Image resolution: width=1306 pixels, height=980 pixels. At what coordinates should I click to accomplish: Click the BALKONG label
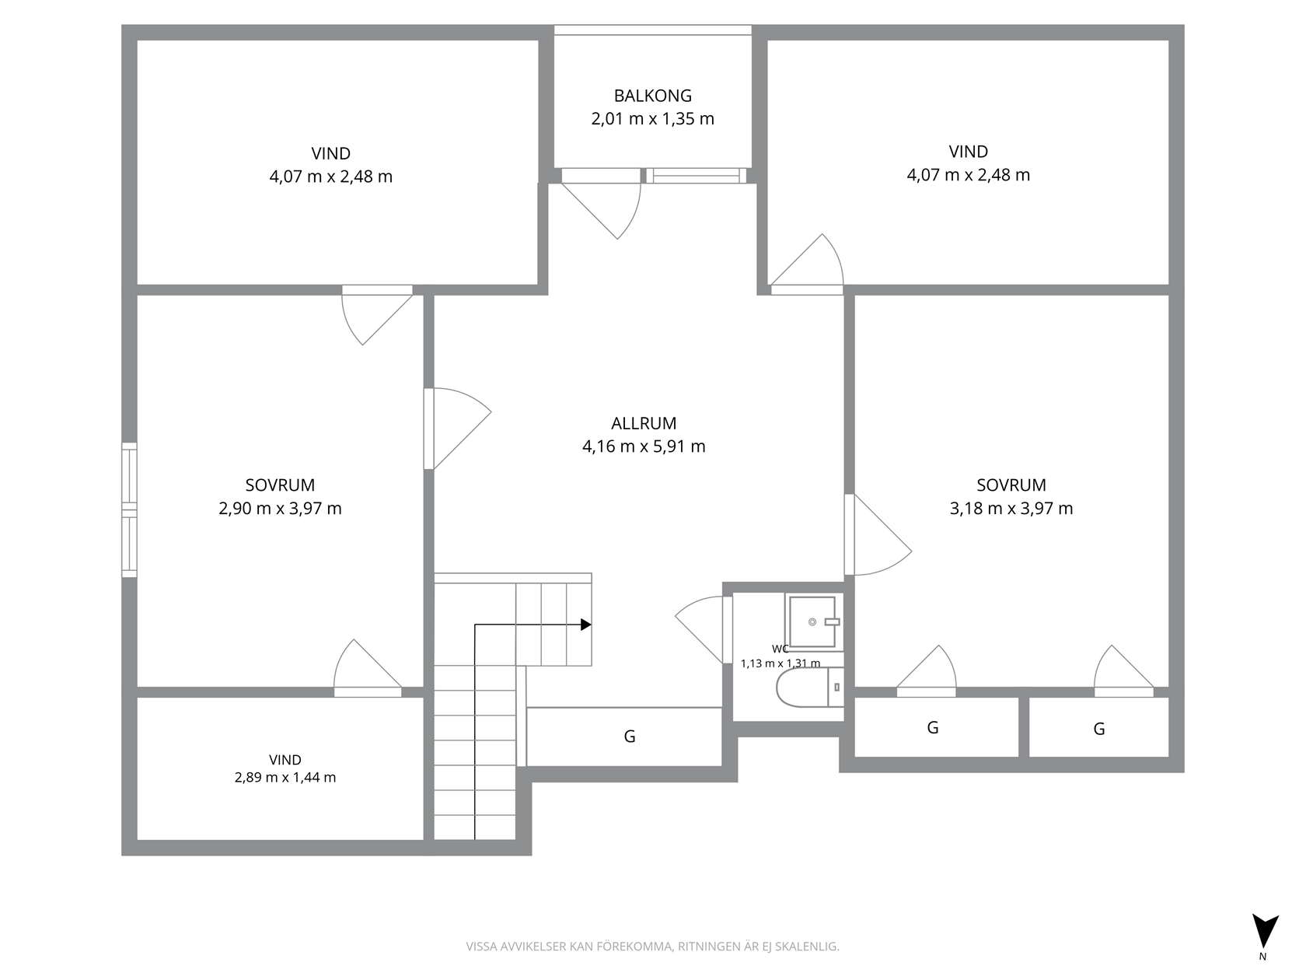click(653, 95)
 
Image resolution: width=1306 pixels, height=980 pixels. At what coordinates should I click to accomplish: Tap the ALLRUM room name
click(644, 423)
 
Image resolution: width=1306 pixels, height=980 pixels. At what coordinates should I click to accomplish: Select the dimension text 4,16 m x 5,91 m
click(644, 446)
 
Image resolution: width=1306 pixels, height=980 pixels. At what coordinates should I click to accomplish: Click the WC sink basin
click(813, 621)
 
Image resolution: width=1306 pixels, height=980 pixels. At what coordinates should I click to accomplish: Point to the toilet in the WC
click(810, 687)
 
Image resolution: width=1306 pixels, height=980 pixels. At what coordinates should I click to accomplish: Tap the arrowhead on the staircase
click(586, 625)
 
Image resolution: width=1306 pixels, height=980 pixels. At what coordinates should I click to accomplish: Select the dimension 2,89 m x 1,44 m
click(285, 778)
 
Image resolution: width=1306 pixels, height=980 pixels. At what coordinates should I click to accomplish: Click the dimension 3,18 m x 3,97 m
click(1011, 508)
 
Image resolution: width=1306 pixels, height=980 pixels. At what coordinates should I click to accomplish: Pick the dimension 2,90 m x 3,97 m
click(280, 508)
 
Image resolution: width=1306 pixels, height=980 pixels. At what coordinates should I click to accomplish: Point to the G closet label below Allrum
click(630, 737)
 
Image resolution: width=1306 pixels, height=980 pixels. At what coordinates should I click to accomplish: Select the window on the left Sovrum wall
click(129, 510)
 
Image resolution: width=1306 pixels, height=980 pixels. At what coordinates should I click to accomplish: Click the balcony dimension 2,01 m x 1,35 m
click(653, 118)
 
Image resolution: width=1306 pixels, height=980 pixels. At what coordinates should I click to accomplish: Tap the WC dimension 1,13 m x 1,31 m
click(780, 663)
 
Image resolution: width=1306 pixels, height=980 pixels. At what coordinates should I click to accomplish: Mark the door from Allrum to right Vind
click(808, 264)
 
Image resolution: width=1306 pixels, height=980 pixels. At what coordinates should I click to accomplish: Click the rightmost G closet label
click(1099, 728)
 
